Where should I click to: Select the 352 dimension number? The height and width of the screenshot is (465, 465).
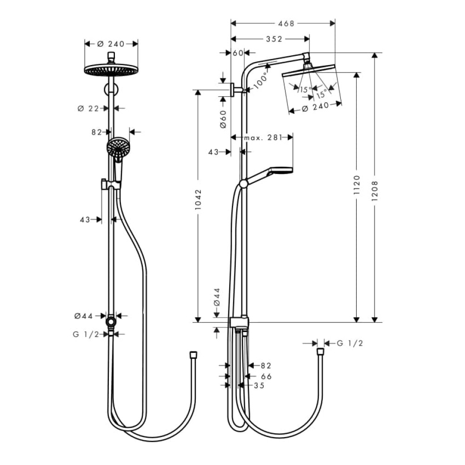coord(274,39)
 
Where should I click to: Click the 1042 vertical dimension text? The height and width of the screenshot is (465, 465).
coord(198,200)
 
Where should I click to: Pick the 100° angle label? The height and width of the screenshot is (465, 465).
coord(261,80)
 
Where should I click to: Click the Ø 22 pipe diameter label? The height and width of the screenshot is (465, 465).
coord(88,108)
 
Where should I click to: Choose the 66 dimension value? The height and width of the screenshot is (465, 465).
coord(266,376)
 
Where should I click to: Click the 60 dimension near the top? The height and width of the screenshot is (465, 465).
coord(238,53)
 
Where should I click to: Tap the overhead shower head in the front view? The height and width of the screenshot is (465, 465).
coord(111,70)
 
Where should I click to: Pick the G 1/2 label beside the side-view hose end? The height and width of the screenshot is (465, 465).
coord(350,343)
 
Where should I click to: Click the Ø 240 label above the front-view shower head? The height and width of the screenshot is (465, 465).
coord(111,44)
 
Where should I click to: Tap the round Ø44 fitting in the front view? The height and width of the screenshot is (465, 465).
coord(111,321)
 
